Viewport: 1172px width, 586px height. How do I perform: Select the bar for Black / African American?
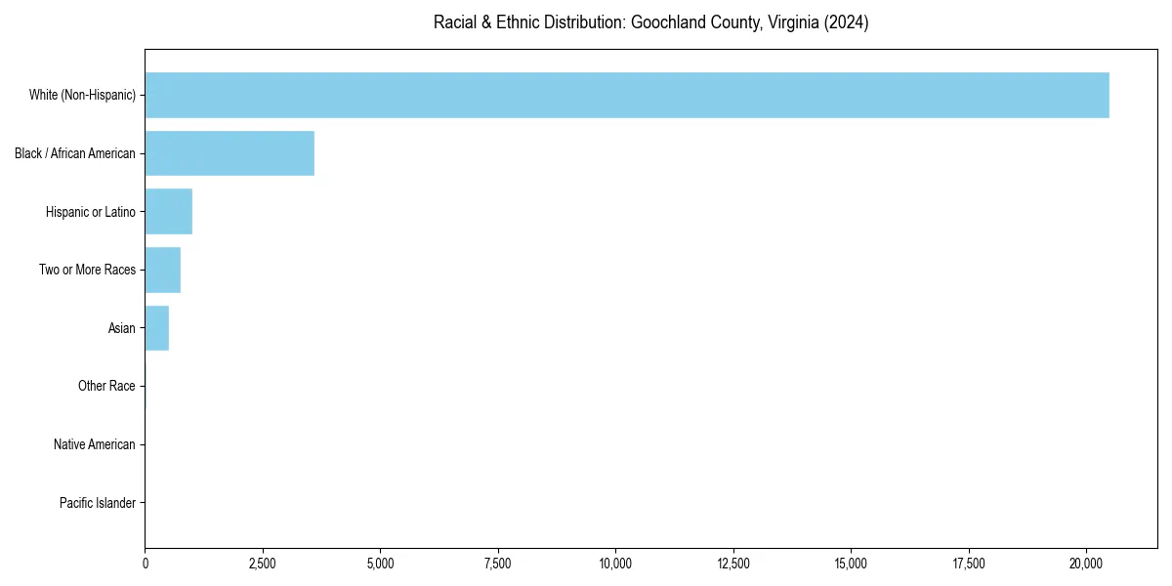tap(230, 153)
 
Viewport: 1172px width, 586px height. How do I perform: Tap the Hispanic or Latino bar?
tap(169, 212)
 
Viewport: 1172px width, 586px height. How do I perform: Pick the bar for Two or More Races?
tap(163, 270)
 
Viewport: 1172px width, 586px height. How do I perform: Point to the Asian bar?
tap(157, 328)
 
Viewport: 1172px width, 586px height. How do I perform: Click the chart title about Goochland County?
tap(650, 22)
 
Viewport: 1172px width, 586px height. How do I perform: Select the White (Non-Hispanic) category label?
tap(82, 95)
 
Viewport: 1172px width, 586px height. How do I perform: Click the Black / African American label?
tap(75, 153)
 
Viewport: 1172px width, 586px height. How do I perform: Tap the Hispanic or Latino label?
tap(91, 212)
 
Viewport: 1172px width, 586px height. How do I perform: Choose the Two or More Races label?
tap(87, 270)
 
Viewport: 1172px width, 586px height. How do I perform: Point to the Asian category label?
tap(122, 328)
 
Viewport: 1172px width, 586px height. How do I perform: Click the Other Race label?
tap(106, 387)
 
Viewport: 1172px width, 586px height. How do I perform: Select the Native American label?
tap(95, 444)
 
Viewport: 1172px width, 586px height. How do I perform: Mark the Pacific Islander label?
tap(97, 503)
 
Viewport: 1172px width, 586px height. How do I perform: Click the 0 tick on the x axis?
tap(146, 563)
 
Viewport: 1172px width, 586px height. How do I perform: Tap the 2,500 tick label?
tap(263, 563)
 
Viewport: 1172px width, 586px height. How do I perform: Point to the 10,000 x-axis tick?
tap(616, 563)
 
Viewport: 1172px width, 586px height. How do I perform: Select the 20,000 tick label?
tap(1087, 563)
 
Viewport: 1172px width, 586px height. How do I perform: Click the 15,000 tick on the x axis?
tap(852, 563)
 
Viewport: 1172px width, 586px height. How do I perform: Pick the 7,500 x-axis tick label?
tap(498, 563)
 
